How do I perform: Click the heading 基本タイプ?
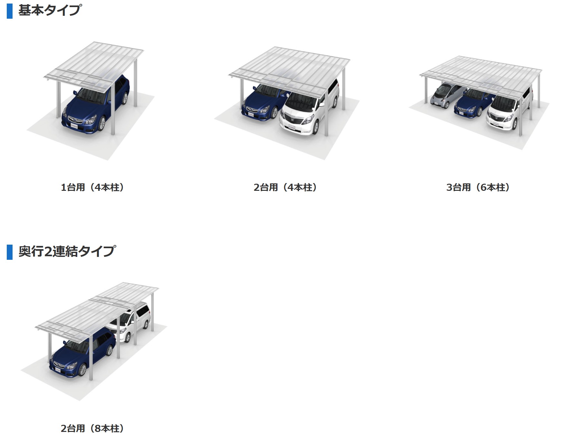(49, 10)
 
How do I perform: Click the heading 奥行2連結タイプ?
(67, 251)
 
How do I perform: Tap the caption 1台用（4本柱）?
(92, 187)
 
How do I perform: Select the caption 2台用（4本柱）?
(285, 187)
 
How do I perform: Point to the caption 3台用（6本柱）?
(478, 187)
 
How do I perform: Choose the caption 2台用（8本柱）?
(92, 428)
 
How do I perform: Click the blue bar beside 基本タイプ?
(9, 11)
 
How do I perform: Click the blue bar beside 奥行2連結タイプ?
(9, 252)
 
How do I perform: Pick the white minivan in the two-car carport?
(309, 106)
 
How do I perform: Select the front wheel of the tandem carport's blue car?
(82, 370)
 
